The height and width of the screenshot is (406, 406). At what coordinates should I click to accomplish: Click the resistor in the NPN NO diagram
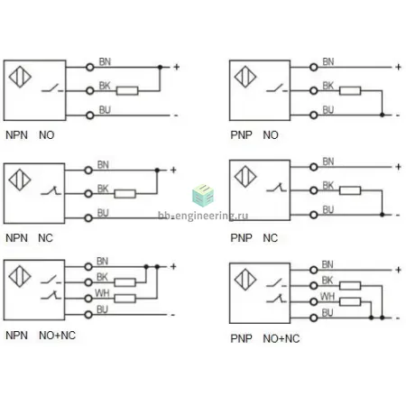coord(127,90)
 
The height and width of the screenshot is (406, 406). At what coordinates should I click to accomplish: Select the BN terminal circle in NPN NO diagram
coord(90,67)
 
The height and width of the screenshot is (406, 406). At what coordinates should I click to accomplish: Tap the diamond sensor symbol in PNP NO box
coord(245,77)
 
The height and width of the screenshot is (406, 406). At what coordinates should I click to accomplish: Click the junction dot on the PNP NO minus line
coord(382,115)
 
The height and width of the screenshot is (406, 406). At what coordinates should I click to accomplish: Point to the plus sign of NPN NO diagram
coord(177,67)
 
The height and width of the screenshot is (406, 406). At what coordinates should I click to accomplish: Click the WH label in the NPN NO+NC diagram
coord(102,293)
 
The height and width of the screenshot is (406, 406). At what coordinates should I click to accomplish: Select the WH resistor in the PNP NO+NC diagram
coord(350,301)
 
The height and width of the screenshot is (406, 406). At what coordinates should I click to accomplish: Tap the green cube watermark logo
coord(203,195)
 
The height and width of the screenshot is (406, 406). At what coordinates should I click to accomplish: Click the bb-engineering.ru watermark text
coord(203,216)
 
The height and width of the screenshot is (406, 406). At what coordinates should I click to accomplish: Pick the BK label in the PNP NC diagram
coord(328,185)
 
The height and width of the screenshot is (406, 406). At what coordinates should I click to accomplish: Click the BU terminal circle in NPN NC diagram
coord(88,217)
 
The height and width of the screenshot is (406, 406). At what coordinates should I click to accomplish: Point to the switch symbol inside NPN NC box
coord(51,190)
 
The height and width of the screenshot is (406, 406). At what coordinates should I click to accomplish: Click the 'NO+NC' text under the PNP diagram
coord(281,338)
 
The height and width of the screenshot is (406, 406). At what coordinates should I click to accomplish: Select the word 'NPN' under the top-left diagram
coord(16,135)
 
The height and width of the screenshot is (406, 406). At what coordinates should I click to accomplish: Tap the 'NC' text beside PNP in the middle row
coord(270,238)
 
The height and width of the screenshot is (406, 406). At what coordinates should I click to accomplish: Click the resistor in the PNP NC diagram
coord(350,190)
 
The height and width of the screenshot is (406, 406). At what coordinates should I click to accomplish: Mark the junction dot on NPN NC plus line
coord(157,171)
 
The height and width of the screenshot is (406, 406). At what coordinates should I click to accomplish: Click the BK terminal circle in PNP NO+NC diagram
coord(314,285)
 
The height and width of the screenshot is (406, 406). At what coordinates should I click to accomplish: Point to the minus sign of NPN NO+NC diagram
coord(173,315)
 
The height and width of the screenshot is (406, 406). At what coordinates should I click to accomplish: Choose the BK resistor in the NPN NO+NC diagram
coord(125,282)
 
